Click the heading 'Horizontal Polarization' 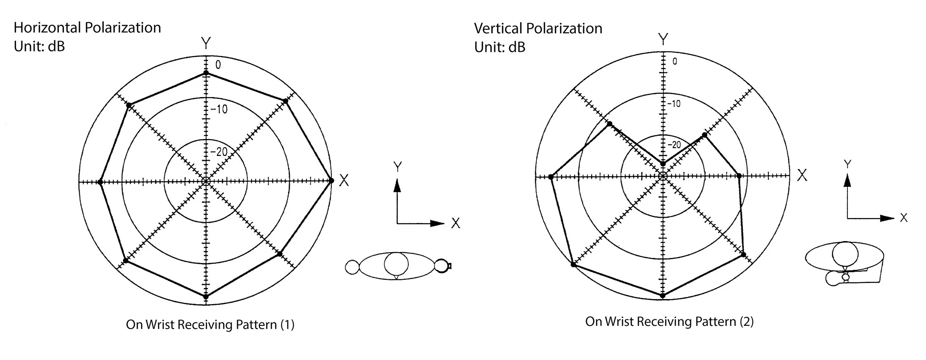tap(87, 28)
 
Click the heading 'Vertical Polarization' tap(538, 28)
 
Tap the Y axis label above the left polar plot tap(205, 43)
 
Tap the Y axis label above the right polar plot tap(663, 39)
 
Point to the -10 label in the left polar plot tap(219, 109)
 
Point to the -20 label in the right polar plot tap(674, 145)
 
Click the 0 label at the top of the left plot tap(218, 65)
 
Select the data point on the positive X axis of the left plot tap(331, 181)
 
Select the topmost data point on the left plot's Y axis tap(206, 73)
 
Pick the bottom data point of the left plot tap(206, 296)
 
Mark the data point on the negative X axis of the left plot tap(100, 182)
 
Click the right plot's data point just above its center tap(663, 164)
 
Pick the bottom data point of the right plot tap(663, 295)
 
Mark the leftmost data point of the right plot tap(551, 177)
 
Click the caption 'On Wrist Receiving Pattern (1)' tap(210, 325)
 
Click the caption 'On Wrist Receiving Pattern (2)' tap(669, 321)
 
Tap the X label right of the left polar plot tap(344, 180)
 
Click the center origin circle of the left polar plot tap(206, 181)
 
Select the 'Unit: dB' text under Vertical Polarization tap(500, 47)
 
